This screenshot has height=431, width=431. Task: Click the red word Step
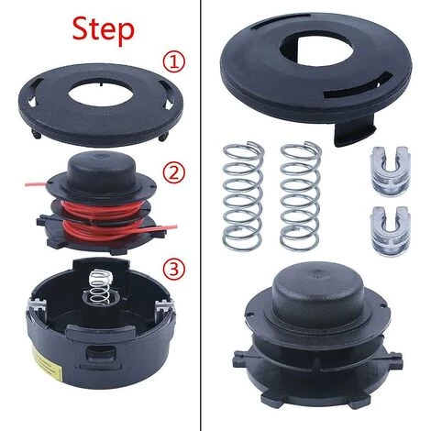click(104, 30)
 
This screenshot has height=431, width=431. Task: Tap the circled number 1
click(173, 62)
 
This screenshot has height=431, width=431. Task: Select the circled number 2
click(173, 173)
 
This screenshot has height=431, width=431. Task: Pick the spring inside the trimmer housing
click(99, 287)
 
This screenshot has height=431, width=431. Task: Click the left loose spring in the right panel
click(243, 195)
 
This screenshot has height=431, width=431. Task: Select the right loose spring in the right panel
click(301, 195)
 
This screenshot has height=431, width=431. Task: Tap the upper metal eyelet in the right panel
click(390, 171)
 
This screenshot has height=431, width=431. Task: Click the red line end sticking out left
click(36, 184)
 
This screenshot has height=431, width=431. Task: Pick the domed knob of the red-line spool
click(100, 170)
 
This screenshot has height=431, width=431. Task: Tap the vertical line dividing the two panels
click(201, 215)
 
